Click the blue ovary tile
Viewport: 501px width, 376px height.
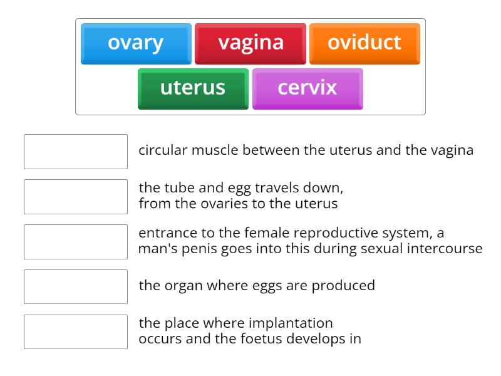click(136, 43)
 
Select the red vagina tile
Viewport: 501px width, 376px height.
click(250, 43)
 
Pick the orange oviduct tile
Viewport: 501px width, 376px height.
click(364, 43)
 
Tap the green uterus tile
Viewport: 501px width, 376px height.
click(193, 88)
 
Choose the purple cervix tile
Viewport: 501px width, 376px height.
click(307, 88)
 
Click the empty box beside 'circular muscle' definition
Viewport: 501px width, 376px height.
click(76, 152)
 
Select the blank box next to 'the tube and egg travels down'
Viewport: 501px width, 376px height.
click(76, 197)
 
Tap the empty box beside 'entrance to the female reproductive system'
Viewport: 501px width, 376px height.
click(76, 242)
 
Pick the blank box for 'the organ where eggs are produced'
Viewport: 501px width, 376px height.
click(76, 286)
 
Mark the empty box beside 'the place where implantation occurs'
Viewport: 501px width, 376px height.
click(76, 332)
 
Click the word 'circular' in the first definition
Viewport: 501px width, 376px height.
click(163, 150)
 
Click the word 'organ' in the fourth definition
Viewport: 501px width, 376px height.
click(181, 286)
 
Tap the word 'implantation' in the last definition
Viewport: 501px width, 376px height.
click(291, 323)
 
